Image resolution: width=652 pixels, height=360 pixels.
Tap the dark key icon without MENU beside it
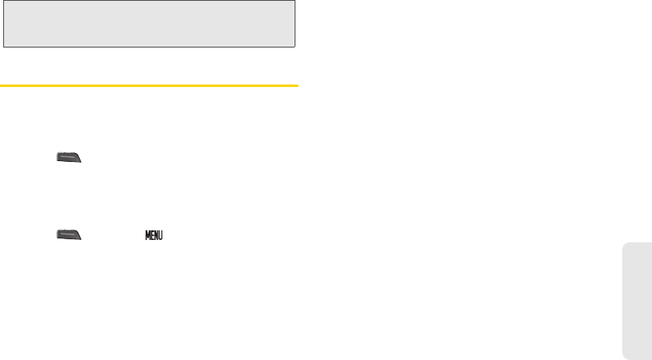coord(68,159)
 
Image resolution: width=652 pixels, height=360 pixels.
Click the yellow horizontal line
coord(149,84)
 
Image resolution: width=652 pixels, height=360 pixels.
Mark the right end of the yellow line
coord(297,84)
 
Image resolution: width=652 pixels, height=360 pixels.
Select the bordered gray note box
coord(149,23)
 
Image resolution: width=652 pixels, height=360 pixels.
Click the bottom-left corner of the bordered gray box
coord(2,47)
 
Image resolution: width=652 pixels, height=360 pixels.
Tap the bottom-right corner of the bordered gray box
coord(296,47)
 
